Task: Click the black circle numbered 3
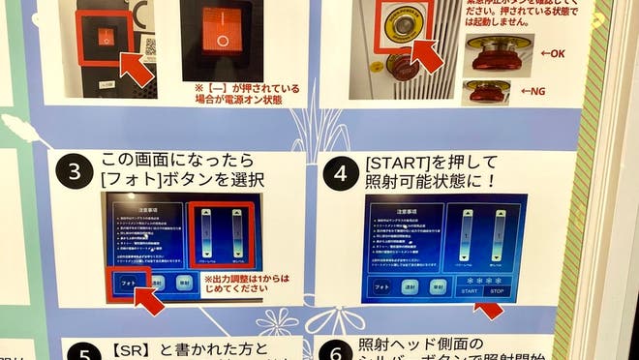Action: [75, 173]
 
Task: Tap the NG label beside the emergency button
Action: [533, 92]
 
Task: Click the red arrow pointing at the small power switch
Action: [137, 67]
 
